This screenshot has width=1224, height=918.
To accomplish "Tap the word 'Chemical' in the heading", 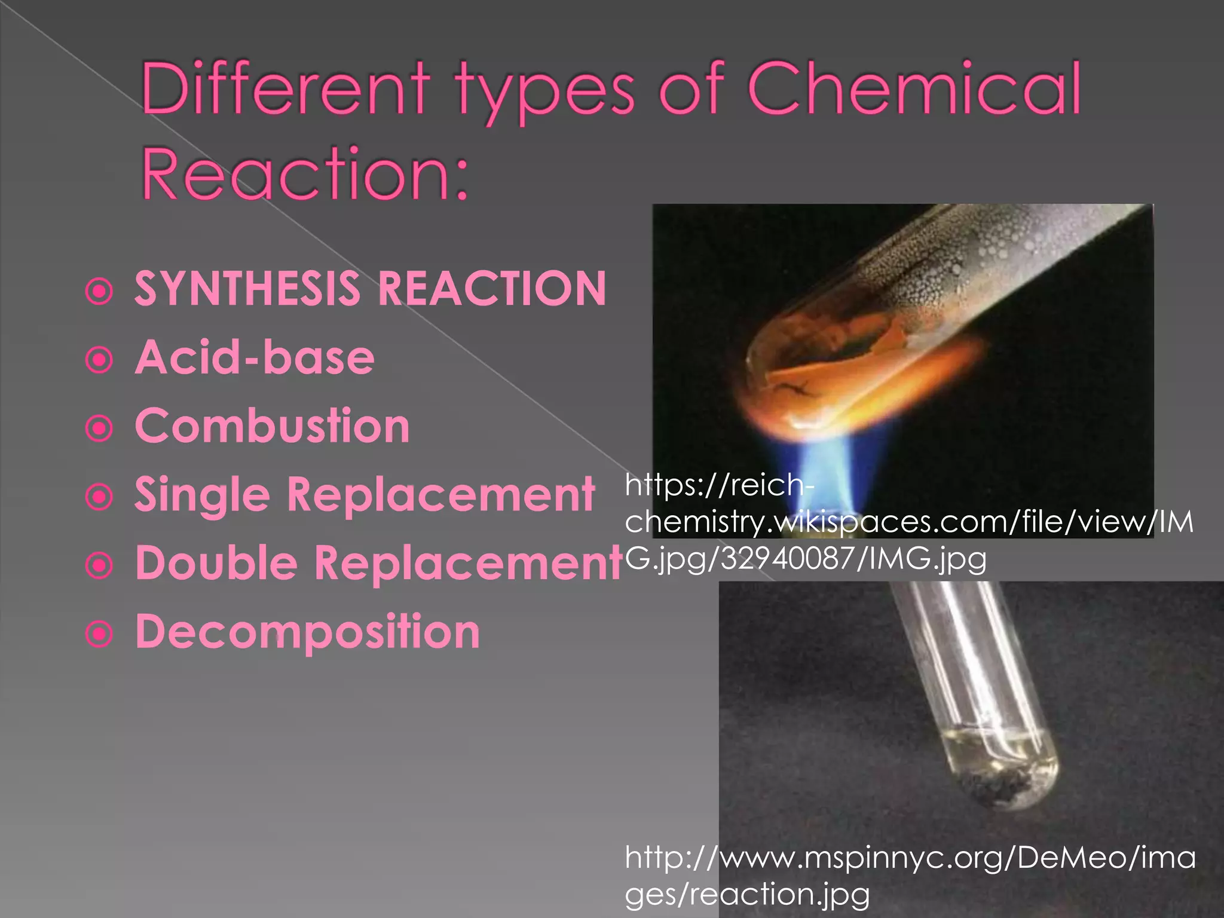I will (914, 90).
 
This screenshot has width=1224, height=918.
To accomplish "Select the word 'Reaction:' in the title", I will (305, 173).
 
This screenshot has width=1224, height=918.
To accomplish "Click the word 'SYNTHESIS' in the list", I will (247, 289).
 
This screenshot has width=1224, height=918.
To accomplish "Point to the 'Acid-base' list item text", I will (255, 357).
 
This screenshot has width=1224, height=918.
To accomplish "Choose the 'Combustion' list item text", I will (273, 426).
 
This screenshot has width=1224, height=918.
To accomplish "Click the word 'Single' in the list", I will (202, 495).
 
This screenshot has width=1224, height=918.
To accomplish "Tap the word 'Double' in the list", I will (216, 564).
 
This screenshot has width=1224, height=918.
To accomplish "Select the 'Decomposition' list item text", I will (308, 632).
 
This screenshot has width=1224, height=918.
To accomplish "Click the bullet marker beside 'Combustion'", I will (99, 428).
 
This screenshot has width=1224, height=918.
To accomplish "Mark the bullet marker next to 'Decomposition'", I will (99, 634).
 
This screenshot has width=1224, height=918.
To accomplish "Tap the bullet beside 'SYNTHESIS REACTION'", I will (99, 292).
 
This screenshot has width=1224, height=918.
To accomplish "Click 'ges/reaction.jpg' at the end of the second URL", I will (747, 895).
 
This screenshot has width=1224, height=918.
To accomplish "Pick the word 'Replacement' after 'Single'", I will (441, 495).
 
